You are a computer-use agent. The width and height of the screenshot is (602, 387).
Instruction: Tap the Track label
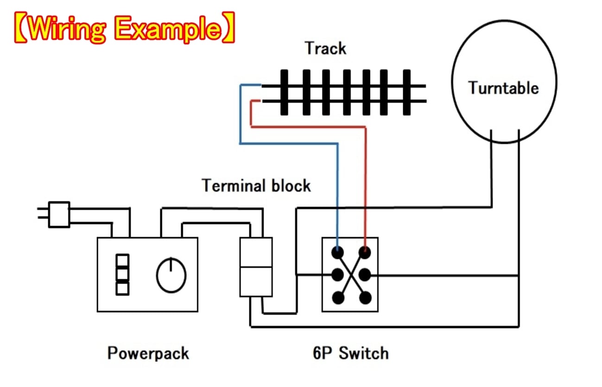[x=326, y=48]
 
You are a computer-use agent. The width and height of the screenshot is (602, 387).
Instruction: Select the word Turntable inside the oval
[x=503, y=88]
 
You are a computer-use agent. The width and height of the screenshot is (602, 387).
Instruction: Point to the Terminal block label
[x=256, y=186]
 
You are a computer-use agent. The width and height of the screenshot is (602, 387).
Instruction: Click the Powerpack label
[x=148, y=353]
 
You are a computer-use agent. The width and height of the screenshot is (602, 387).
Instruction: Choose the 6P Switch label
[x=351, y=353]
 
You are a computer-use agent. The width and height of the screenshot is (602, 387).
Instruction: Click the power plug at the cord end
[x=59, y=214]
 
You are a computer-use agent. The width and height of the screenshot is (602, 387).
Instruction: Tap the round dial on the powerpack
[x=171, y=275]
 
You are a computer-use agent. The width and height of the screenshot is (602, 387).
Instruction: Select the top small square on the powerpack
[x=122, y=260]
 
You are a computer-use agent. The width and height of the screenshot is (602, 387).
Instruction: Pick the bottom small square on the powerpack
[x=122, y=289]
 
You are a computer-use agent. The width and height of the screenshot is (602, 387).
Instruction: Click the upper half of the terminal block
[x=255, y=252]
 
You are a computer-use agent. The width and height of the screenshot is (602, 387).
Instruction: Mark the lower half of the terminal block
[x=255, y=282]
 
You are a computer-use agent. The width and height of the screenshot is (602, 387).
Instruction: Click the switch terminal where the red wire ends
[x=365, y=252]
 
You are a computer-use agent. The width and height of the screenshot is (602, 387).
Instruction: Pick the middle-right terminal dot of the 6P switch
[x=365, y=275]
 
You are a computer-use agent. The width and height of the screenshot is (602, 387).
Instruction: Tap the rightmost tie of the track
[x=406, y=92]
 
